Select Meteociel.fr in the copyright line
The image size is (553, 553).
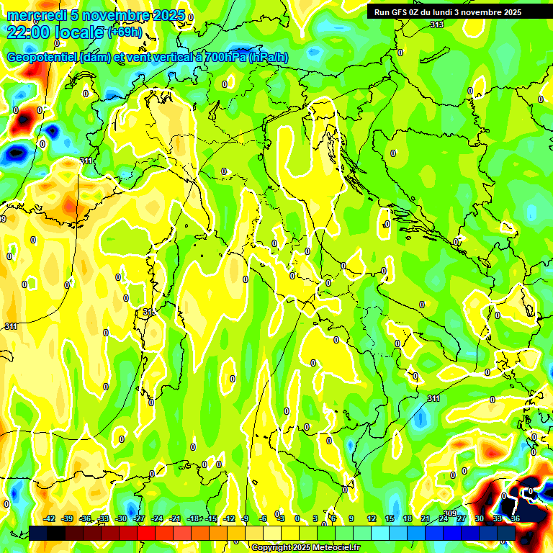pos(336,548)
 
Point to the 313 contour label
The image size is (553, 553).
pos(437,25)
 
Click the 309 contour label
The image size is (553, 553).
pos(450,513)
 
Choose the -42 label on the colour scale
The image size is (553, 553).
pos(50,518)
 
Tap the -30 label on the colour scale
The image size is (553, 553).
pos(121,518)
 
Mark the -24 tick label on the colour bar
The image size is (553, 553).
pos(157,518)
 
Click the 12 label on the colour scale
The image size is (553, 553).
pos(372,518)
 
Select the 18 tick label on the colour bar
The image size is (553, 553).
pos(408,518)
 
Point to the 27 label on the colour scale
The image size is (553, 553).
pos(462,518)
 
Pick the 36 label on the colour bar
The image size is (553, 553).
pos(516,518)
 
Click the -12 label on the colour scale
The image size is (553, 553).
pos(228,518)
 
